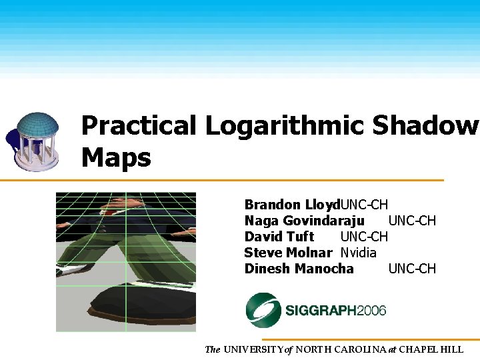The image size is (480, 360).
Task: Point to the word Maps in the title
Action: click(116, 157)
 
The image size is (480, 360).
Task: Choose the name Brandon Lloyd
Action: click(292, 205)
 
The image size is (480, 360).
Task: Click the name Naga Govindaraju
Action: click(304, 221)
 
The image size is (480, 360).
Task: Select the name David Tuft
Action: click(279, 237)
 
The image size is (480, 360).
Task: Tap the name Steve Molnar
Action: click(288, 253)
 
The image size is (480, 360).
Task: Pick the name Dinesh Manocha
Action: click(299, 269)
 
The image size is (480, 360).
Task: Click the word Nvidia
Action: click(359, 253)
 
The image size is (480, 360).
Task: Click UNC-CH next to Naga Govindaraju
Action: click(412, 221)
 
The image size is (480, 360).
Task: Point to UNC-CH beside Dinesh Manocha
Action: click(412, 269)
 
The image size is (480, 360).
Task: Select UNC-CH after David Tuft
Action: click(364, 237)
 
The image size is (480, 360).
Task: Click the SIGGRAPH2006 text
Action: click(336, 311)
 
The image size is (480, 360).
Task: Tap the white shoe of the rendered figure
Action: click(72, 270)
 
